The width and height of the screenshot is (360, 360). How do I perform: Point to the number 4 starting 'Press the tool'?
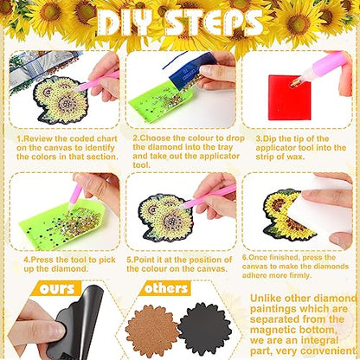point(27,258)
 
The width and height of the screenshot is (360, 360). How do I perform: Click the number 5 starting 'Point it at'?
point(130,258)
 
